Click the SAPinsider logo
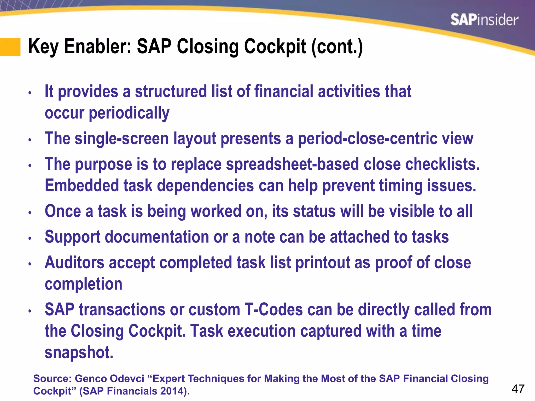pyautogui.click(x=484, y=20)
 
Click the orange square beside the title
pyautogui.click(x=10, y=47)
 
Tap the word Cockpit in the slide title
pyautogui.click(x=275, y=46)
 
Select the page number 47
pyautogui.click(x=518, y=389)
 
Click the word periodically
pyautogui.click(x=129, y=113)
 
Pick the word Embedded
pyautogui.click(x=82, y=186)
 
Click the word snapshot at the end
pyautogui.click(x=79, y=352)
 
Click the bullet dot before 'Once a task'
pyautogui.click(x=30, y=213)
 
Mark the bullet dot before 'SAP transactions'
pyautogui.click(x=30, y=311)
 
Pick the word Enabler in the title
pyautogui.click(x=98, y=46)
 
